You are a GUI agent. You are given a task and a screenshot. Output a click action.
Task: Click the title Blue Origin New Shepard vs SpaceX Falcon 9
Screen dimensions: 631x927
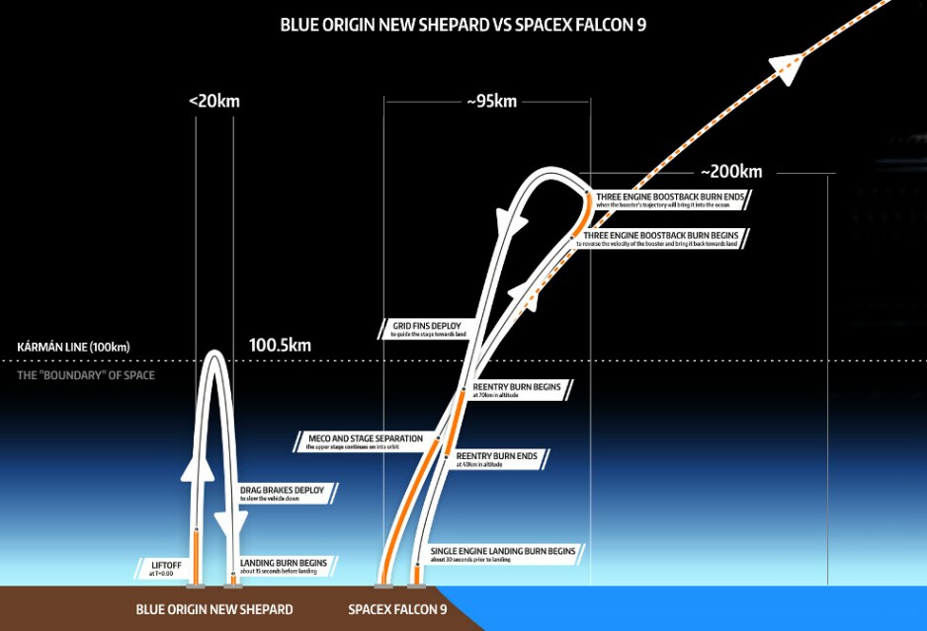tap(463, 24)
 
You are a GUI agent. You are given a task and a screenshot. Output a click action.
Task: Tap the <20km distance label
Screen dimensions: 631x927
tap(214, 101)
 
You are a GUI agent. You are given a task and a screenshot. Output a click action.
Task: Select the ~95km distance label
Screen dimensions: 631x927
tap(490, 101)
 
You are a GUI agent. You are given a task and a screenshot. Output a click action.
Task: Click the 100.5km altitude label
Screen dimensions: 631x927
tap(281, 346)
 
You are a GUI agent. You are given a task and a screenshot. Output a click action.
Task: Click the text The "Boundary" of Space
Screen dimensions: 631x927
tap(86, 375)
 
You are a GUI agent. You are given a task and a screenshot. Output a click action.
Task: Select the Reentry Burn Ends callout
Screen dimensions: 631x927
tap(497, 459)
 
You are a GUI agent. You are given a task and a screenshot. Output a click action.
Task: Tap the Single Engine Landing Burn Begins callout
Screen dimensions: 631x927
tap(503, 554)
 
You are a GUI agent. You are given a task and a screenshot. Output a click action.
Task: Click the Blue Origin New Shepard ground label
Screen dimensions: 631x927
tap(214, 609)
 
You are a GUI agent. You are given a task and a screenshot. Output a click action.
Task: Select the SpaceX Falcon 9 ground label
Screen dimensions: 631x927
tap(397, 609)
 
